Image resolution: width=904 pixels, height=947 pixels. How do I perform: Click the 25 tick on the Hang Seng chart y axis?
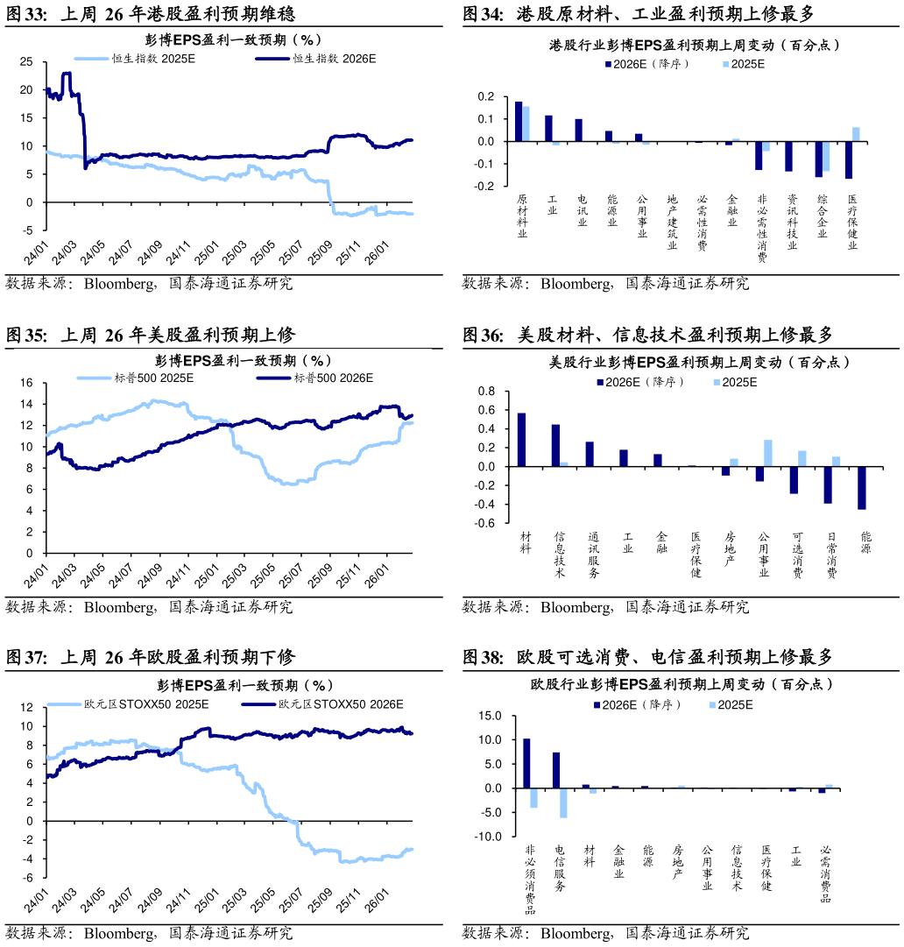click(26, 61)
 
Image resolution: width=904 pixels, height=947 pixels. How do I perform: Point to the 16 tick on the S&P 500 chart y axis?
click(26, 383)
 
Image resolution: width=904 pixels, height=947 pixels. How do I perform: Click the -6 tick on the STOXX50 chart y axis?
click(26, 878)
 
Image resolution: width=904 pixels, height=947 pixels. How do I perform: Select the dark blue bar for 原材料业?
click(519, 121)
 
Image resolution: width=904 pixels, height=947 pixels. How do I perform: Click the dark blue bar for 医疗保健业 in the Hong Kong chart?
click(849, 159)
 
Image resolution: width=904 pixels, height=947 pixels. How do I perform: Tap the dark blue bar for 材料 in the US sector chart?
click(522, 439)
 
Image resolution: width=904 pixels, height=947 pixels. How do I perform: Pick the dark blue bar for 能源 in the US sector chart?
click(862, 488)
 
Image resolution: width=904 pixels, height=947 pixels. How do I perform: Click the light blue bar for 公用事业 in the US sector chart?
click(768, 453)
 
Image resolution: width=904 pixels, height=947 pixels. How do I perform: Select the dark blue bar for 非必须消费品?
click(526, 763)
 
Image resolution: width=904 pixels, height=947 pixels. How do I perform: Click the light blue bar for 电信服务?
click(563, 802)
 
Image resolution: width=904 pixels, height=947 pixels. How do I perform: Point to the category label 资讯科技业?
click(792, 223)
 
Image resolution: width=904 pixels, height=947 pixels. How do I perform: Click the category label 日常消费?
click(829, 555)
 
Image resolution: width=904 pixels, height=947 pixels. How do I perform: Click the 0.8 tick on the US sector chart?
click(485, 392)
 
